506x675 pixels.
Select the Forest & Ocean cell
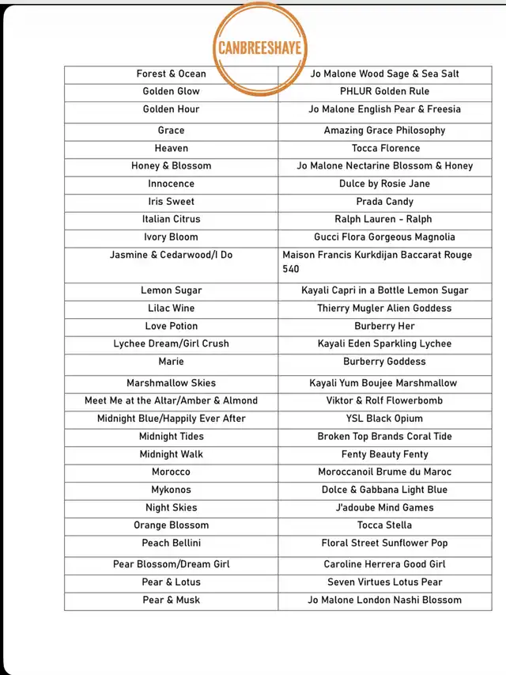pos(171,74)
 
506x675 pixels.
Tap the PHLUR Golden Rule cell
pos(384,92)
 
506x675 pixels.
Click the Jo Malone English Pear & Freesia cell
pos(384,109)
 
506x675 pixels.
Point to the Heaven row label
pos(171,148)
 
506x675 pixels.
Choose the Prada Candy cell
pos(384,202)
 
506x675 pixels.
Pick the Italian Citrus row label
pos(171,219)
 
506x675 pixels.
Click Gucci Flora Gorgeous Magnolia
pos(384,237)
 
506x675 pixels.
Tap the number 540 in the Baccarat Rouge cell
pos(291,269)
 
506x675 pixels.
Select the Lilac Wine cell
pos(171,309)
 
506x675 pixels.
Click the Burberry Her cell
pos(384,326)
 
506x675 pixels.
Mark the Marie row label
pos(171,362)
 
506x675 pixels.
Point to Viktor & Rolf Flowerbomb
pos(384,401)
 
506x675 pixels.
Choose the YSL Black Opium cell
pos(384,419)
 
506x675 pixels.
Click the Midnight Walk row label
pos(171,454)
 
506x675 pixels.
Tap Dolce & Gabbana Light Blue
pos(384,490)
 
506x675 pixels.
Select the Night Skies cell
pos(171,508)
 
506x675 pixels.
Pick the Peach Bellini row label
pos(171,544)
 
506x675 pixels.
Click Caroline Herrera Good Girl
pos(384,565)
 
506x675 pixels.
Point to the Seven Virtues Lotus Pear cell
pos(384,582)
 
